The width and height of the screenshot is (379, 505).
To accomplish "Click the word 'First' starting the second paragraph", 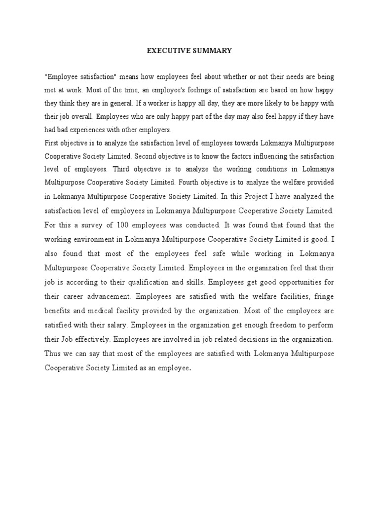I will [51, 144].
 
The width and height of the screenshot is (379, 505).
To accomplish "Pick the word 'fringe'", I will [324, 297].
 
